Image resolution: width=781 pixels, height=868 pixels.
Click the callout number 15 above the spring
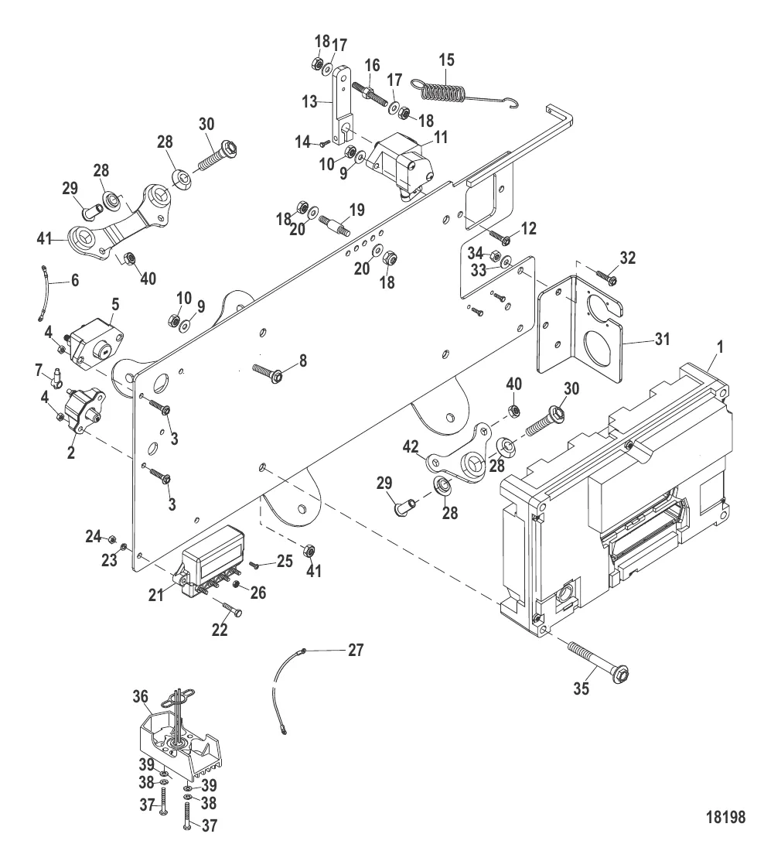coord(447,60)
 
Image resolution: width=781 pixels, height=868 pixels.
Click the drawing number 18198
coord(725,818)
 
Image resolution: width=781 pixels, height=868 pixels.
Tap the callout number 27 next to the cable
coord(355,650)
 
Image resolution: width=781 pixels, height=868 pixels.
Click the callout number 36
coord(140,697)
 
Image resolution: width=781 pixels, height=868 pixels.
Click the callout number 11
coord(418,138)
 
